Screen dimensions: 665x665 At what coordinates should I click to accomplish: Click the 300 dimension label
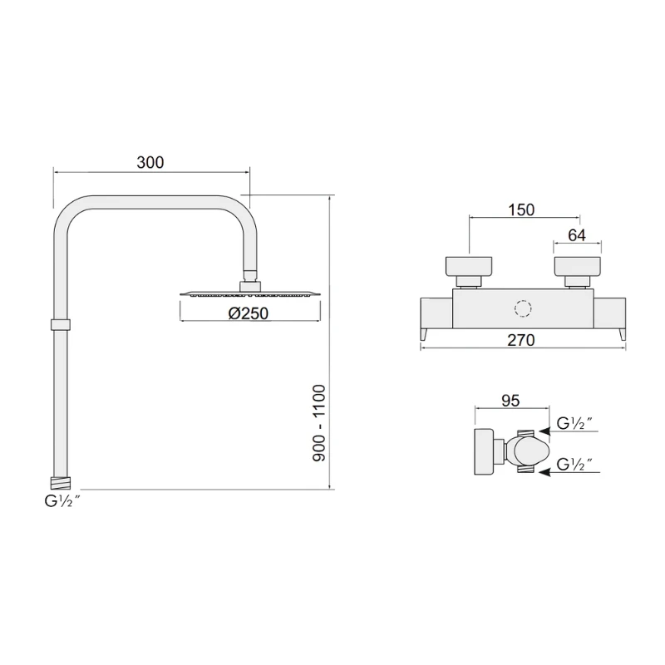click(150, 163)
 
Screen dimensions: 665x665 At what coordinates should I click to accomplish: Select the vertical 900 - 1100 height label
click(319, 423)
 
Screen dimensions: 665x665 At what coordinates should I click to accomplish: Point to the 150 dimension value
click(520, 210)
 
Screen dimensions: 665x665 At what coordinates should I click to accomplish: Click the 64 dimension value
click(577, 235)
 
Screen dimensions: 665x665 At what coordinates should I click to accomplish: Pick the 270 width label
click(522, 338)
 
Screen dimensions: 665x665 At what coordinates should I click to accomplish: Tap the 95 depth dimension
click(510, 401)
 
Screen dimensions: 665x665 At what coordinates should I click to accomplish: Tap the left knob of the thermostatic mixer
click(470, 268)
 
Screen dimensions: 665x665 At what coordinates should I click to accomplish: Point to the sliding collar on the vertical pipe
click(60, 323)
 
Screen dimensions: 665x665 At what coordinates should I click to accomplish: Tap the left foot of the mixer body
click(424, 334)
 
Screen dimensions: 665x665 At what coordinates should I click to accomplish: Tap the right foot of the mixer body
click(622, 334)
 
